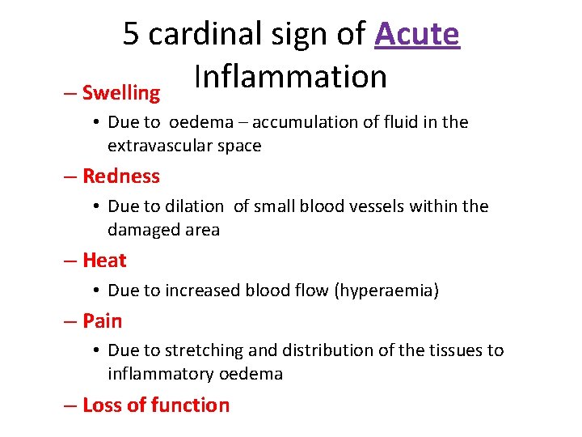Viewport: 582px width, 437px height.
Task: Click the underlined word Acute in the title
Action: tap(417, 34)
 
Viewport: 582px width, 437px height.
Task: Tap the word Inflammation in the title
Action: tap(290, 76)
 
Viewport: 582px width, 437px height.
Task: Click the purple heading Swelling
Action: tap(121, 93)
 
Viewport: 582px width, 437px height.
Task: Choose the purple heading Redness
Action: tap(121, 176)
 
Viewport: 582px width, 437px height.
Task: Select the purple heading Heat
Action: tap(104, 260)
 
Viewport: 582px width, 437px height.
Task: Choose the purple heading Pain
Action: tap(103, 320)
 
